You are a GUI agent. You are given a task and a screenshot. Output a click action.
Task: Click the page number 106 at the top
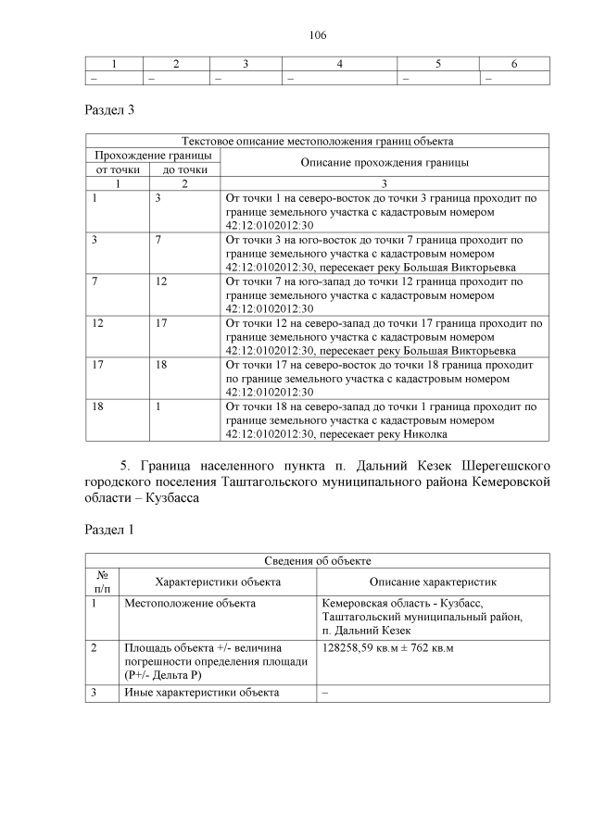coord(318,35)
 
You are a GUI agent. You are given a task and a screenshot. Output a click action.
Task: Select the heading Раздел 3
coord(109,110)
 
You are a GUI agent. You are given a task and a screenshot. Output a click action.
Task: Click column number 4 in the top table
coord(340,64)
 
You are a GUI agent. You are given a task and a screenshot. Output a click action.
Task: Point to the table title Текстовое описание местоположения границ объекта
coord(318,142)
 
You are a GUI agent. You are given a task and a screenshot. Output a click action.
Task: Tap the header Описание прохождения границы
coord(385,162)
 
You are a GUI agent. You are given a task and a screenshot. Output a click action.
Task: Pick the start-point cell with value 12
coord(98,323)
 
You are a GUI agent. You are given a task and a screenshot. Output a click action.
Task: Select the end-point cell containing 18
coord(162,365)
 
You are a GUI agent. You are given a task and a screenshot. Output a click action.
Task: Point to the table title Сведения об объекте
coord(318,560)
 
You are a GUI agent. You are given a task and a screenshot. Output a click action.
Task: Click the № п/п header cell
coord(102,582)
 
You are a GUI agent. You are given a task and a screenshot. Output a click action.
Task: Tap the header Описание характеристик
coord(433,582)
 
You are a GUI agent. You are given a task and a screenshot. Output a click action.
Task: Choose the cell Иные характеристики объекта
coord(201,692)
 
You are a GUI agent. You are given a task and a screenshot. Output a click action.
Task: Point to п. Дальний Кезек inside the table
coord(365,630)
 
